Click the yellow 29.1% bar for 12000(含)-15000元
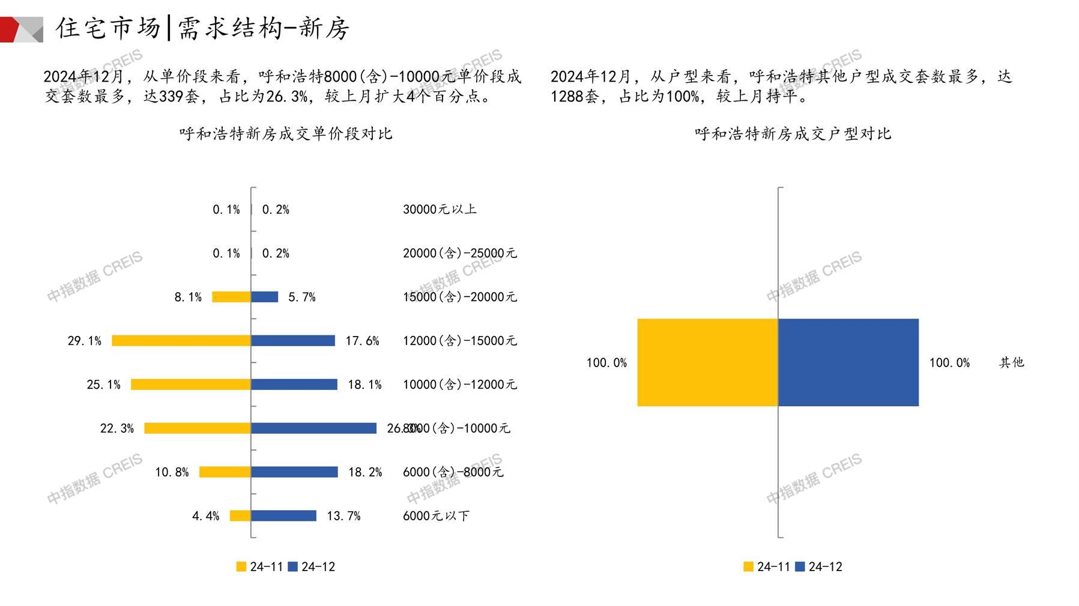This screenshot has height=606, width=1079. click(181, 341)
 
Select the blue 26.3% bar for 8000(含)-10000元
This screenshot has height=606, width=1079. click(313, 428)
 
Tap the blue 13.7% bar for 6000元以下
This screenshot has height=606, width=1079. click(283, 516)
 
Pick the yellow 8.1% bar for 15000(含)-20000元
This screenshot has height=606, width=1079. click(231, 297)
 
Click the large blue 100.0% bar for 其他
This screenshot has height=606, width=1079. click(848, 362)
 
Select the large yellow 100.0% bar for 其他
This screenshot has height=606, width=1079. click(707, 362)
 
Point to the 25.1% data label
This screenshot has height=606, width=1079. click(103, 385)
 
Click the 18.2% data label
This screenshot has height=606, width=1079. click(365, 472)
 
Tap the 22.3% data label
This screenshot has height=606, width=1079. click(116, 428)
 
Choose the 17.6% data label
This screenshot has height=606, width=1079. click(362, 341)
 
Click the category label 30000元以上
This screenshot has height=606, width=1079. click(440, 209)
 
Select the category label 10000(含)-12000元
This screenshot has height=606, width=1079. click(459, 385)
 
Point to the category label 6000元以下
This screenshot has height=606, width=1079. click(436, 516)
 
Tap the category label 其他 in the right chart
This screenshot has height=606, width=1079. click(1011, 362)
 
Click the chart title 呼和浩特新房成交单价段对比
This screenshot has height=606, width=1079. click(286, 134)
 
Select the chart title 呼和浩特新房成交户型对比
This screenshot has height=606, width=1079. click(793, 134)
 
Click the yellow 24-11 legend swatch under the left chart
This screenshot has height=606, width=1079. click(241, 566)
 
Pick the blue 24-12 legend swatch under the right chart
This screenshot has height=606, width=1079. click(800, 566)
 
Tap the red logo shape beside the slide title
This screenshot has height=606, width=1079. click(10, 29)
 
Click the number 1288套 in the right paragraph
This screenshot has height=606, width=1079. click(574, 97)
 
